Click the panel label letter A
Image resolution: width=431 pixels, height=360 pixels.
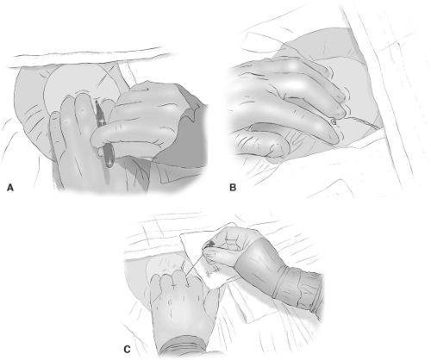click(x=10, y=188)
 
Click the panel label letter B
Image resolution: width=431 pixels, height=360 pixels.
click(x=233, y=188)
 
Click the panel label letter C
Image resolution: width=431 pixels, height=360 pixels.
click(x=127, y=350)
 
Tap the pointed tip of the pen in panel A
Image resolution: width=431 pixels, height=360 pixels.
click(x=96, y=101)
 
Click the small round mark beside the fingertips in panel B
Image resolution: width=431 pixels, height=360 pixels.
click(x=334, y=121)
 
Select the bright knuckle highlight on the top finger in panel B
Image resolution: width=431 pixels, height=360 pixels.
click(x=293, y=65)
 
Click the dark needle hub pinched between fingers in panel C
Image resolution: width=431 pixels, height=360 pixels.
click(x=211, y=244)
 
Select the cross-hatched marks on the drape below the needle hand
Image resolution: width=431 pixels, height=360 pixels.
click(x=213, y=270)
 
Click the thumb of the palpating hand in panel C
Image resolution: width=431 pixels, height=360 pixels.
click(x=212, y=301)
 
